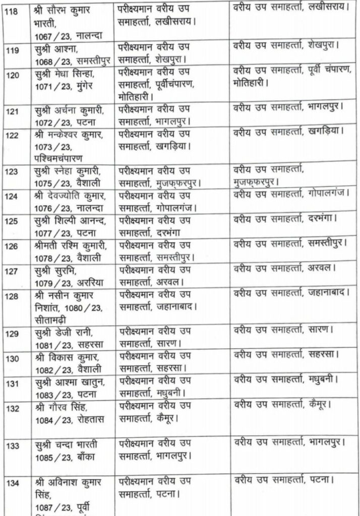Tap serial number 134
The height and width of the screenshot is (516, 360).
pyautogui.click(x=10, y=482)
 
